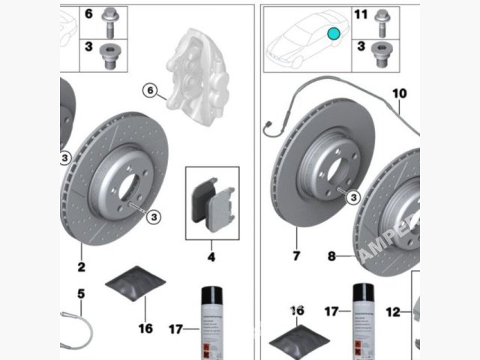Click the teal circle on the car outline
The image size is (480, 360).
(334, 34)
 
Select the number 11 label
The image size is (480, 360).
(360, 15)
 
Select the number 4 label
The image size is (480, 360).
(211, 257)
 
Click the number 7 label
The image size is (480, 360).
(296, 256)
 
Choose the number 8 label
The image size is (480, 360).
(331, 256)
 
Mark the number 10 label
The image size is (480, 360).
(399, 94)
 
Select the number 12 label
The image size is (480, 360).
(394, 310)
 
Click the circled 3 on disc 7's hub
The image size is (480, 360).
(353, 196)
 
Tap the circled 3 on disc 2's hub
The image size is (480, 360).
(153, 217)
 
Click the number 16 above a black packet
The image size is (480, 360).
(297, 310)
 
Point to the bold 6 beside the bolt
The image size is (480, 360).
(88, 14)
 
